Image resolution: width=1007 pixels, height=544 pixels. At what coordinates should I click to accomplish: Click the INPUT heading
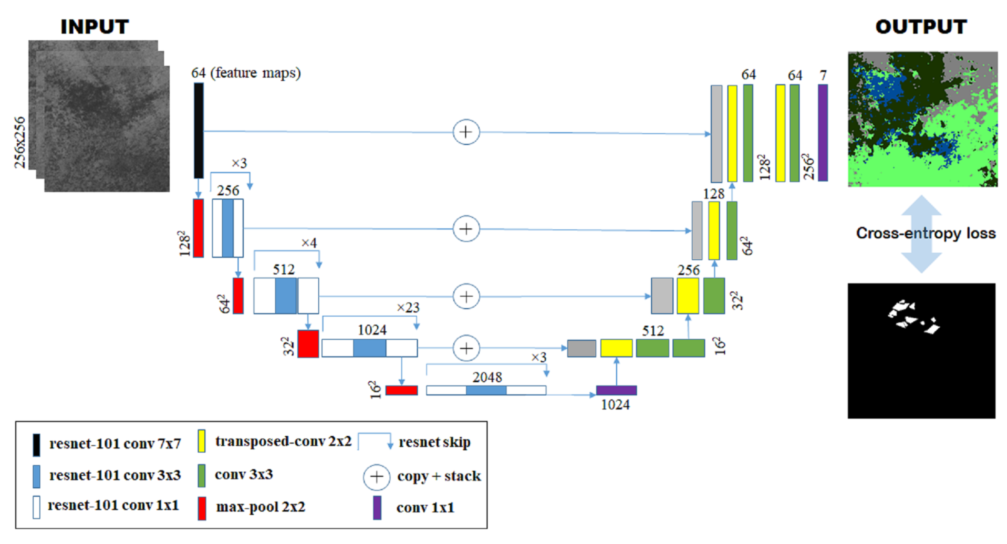click(95, 27)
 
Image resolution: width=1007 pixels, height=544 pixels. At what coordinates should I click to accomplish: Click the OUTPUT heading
click(921, 27)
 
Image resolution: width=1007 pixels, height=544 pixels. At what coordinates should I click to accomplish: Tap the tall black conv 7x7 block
click(198, 131)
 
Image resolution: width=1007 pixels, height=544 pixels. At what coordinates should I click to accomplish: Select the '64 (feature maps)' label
click(246, 73)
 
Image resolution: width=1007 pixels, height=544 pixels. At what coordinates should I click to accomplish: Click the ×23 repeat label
click(408, 308)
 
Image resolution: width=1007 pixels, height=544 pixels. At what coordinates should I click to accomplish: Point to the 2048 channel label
click(487, 377)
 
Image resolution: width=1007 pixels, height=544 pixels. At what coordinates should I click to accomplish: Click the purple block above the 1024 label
click(616, 390)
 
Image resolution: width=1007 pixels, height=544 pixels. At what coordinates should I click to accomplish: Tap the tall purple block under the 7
click(823, 133)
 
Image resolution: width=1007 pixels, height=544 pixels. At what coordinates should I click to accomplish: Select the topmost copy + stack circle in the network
click(466, 132)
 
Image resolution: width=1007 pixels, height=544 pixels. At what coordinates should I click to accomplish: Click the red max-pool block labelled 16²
click(401, 390)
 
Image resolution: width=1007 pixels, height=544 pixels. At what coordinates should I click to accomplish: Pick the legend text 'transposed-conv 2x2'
click(283, 441)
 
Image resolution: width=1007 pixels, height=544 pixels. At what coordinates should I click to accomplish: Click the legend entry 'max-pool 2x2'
click(260, 507)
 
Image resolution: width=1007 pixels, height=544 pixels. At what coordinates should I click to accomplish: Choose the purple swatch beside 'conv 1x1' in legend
click(377, 508)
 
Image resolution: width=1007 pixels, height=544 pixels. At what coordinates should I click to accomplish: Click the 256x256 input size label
click(20, 142)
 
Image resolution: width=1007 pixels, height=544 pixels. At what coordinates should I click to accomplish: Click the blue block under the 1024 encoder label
click(369, 348)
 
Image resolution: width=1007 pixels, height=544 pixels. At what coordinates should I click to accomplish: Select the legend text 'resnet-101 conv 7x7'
click(115, 444)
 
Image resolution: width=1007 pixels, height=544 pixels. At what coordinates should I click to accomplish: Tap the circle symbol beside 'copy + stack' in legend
click(377, 477)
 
